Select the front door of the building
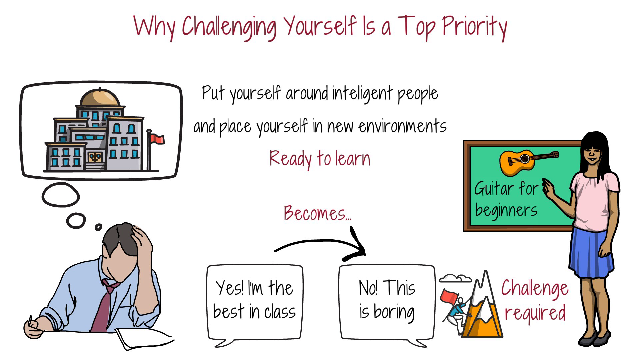(x=95, y=157)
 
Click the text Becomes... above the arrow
(x=317, y=213)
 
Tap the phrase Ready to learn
(x=320, y=159)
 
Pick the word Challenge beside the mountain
(x=535, y=288)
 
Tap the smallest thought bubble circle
(x=98, y=227)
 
